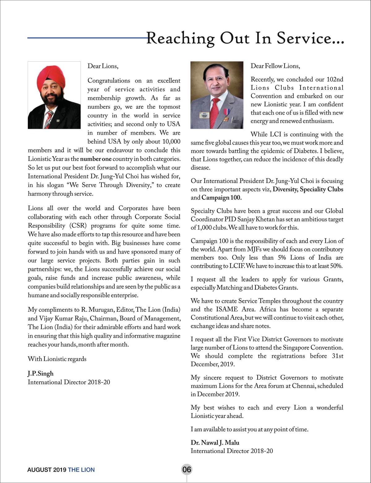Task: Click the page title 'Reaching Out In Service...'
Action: tap(245, 38)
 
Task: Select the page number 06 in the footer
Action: tap(187, 469)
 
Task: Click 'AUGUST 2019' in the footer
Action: tap(47, 470)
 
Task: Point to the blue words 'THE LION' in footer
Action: tap(81, 470)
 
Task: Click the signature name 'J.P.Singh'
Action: tap(41, 373)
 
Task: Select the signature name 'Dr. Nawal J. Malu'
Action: tap(215, 442)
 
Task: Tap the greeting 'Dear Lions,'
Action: tap(103, 66)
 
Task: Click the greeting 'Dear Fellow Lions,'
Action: tap(275, 66)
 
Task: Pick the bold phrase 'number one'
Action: tap(96, 159)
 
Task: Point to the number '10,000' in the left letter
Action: tap(171, 141)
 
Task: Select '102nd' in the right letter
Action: tap(335, 79)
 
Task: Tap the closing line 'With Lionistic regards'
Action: tap(57, 359)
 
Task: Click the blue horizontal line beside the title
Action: tap(87, 38)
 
